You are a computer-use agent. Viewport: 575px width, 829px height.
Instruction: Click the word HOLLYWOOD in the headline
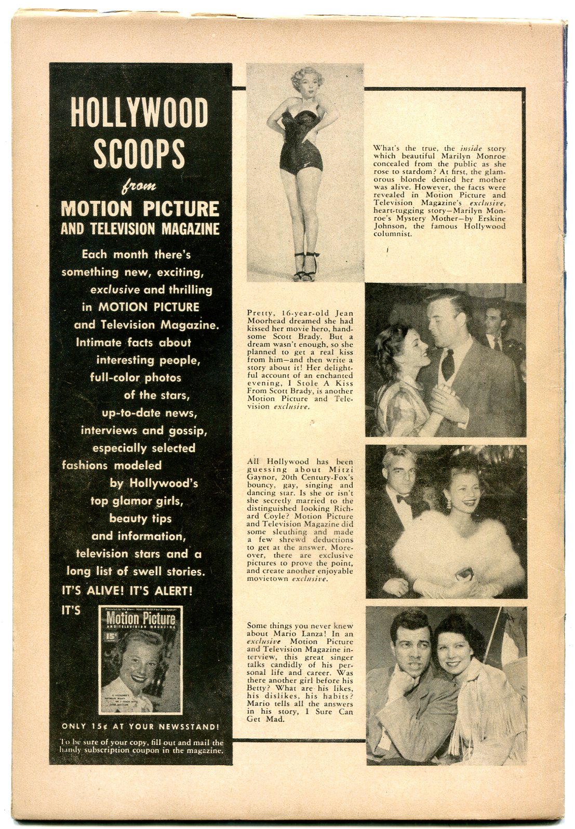pos(139,112)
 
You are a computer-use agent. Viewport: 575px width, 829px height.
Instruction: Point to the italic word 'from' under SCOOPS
pos(140,186)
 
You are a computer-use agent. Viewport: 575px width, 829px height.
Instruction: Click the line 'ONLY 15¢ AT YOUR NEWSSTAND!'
pos(140,726)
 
